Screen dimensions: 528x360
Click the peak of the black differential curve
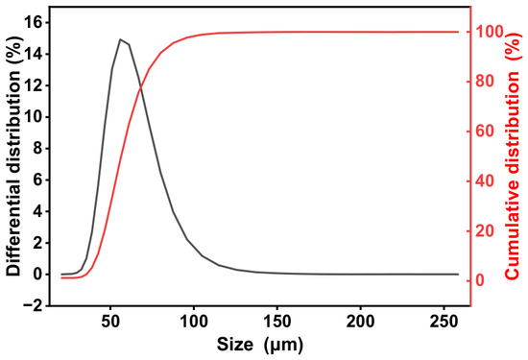coord(120,39)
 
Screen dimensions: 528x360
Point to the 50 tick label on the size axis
coord(110,322)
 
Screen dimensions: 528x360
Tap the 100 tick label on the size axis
coord(194,322)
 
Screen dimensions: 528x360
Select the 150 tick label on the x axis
coord(277,322)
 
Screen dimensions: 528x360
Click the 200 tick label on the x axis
coord(361,322)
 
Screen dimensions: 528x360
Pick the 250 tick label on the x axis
coord(444,322)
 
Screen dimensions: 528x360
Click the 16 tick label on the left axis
coord(34,23)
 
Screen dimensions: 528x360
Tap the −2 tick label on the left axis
coord(33,306)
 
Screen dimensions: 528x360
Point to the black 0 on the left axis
coord(38,275)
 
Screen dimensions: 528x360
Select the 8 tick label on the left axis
coord(38,149)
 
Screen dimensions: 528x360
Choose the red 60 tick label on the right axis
coord(484,132)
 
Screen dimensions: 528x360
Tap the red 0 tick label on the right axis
coord(479,280)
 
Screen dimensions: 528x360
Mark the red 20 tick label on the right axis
coord(484,230)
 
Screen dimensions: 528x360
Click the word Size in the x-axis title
coord(234,345)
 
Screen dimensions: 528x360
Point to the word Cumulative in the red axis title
coord(513,230)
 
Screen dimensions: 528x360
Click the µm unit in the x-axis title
coord(283,346)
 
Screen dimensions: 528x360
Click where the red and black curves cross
coord(140,88)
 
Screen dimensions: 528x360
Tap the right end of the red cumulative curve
coord(459,32)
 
